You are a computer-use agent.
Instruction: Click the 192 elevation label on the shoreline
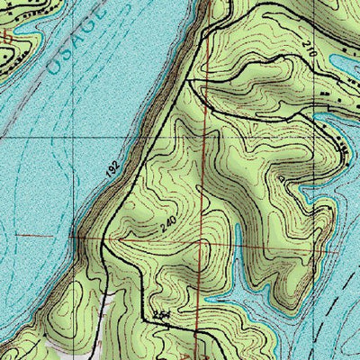coord(112,167)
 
